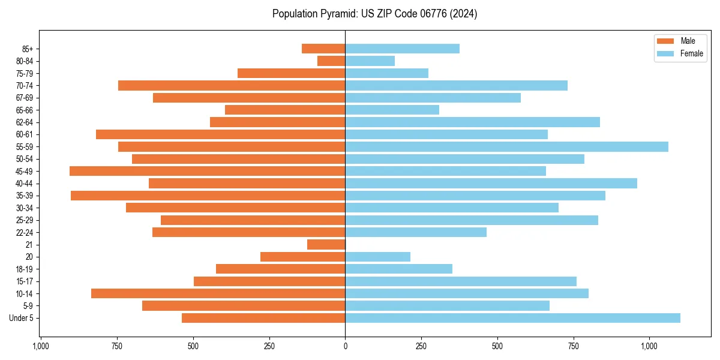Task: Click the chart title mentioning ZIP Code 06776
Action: point(374,14)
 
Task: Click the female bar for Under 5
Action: point(512,318)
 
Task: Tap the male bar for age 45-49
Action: point(207,171)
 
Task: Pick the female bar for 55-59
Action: point(506,146)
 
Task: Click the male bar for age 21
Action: point(326,245)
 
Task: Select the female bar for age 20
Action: point(377,257)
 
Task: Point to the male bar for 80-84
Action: point(331,61)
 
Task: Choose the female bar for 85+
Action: point(402,49)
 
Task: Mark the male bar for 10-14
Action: point(218,293)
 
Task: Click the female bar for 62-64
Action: point(472,122)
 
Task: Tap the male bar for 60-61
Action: point(220,134)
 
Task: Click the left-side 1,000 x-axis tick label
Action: point(41,346)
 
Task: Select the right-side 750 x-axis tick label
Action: point(574,346)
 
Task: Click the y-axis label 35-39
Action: point(24,196)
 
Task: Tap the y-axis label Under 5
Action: point(21,318)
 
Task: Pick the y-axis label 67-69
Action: point(24,98)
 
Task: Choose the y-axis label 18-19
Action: point(24,269)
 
